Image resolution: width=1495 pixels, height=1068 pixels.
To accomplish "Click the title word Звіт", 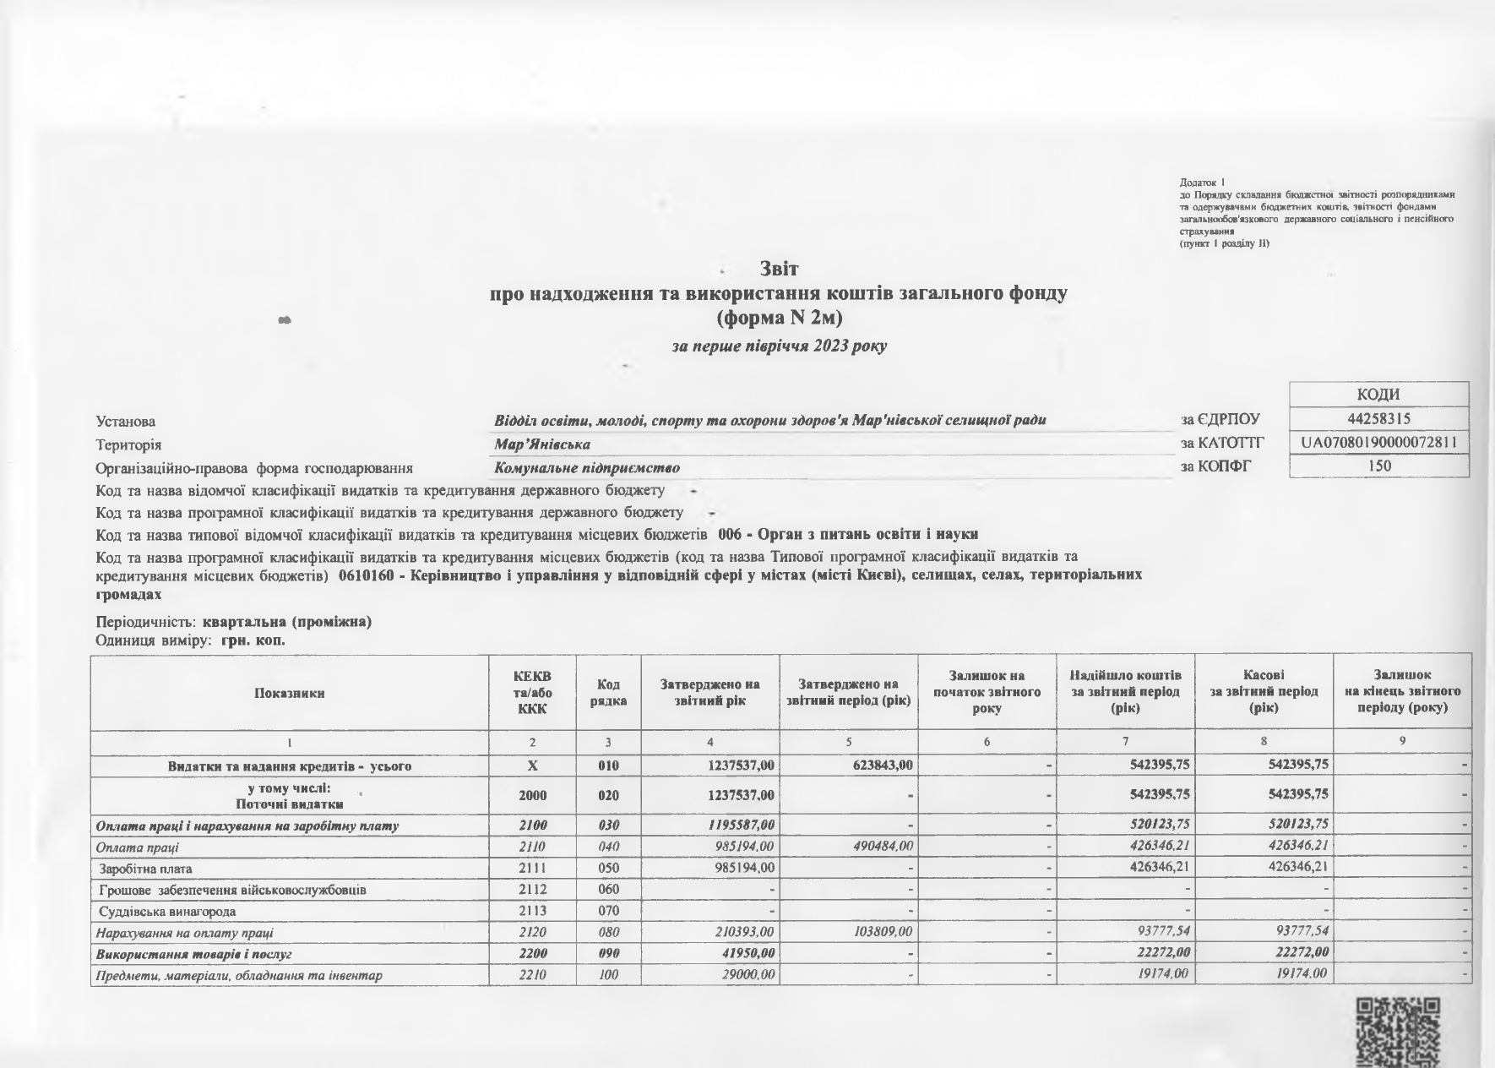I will pyautogui.click(x=779, y=269).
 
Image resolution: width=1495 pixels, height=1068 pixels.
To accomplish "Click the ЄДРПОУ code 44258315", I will pyautogui.click(x=1379, y=419).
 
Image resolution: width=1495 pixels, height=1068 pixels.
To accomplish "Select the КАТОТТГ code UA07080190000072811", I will pyautogui.click(x=1379, y=442).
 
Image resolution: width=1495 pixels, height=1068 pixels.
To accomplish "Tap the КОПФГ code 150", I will pyautogui.click(x=1379, y=466).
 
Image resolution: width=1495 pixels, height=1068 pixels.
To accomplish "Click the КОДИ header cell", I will pyautogui.click(x=1379, y=395).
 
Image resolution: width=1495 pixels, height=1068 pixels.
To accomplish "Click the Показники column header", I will pyautogui.click(x=290, y=693).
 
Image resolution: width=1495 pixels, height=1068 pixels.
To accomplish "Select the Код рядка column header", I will pyautogui.click(x=608, y=693).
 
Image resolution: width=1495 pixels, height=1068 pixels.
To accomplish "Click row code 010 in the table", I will pyautogui.click(x=608, y=766).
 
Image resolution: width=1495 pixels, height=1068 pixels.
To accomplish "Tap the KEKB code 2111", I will pyautogui.click(x=532, y=868).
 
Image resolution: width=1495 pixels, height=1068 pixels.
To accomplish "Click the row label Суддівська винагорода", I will pyautogui.click(x=167, y=912).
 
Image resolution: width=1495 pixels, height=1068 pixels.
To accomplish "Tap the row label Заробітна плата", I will pyautogui.click(x=146, y=869).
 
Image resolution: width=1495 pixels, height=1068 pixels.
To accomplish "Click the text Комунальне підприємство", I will pyautogui.click(x=587, y=467).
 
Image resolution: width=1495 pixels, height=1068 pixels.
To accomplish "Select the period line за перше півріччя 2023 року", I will pyautogui.click(x=779, y=346).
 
